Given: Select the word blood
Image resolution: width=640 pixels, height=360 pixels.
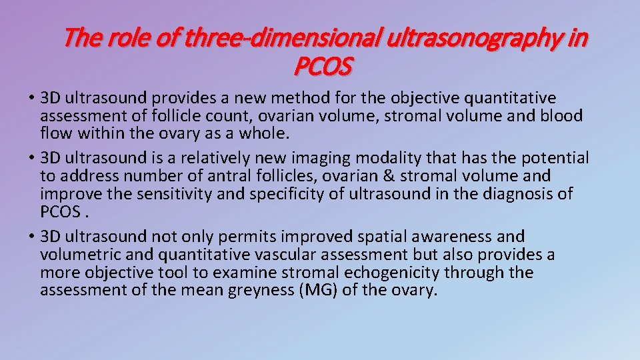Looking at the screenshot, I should [x=561, y=117].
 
